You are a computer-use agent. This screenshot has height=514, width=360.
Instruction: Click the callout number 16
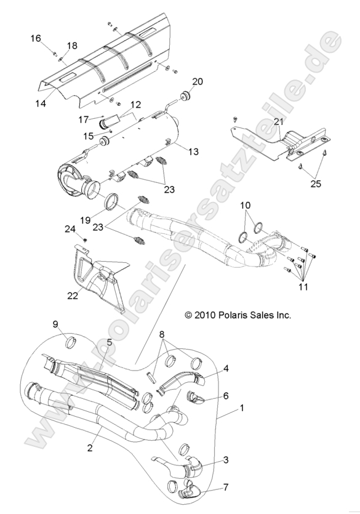pyautogui.click(x=36, y=38)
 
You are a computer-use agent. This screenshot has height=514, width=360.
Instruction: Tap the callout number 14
pyautogui.click(x=41, y=103)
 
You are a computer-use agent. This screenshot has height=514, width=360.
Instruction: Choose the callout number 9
pyautogui.click(x=55, y=324)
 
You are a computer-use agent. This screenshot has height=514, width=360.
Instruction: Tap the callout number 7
pyautogui.click(x=226, y=488)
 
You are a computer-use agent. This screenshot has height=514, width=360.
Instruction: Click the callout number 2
pyautogui.click(x=90, y=448)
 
